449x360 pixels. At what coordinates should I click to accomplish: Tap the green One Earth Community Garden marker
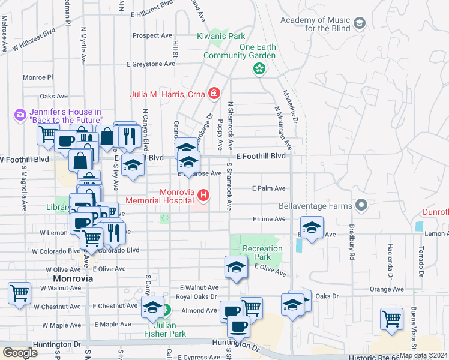tap(259, 70)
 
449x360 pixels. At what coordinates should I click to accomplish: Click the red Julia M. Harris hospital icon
tap(214, 94)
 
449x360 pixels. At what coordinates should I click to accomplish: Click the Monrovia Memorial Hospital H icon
tap(203, 195)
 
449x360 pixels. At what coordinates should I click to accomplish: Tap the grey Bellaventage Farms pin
tap(360, 206)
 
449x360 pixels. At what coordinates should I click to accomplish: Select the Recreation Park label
tap(262, 253)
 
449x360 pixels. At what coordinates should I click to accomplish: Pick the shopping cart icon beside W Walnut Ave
tap(20, 293)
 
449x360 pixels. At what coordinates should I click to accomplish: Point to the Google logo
tap(20, 353)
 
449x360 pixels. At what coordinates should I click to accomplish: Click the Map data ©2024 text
tap(424, 355)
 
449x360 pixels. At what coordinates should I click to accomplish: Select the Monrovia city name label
tap(73, 279)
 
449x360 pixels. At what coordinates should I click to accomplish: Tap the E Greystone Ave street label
tap(152, 64)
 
